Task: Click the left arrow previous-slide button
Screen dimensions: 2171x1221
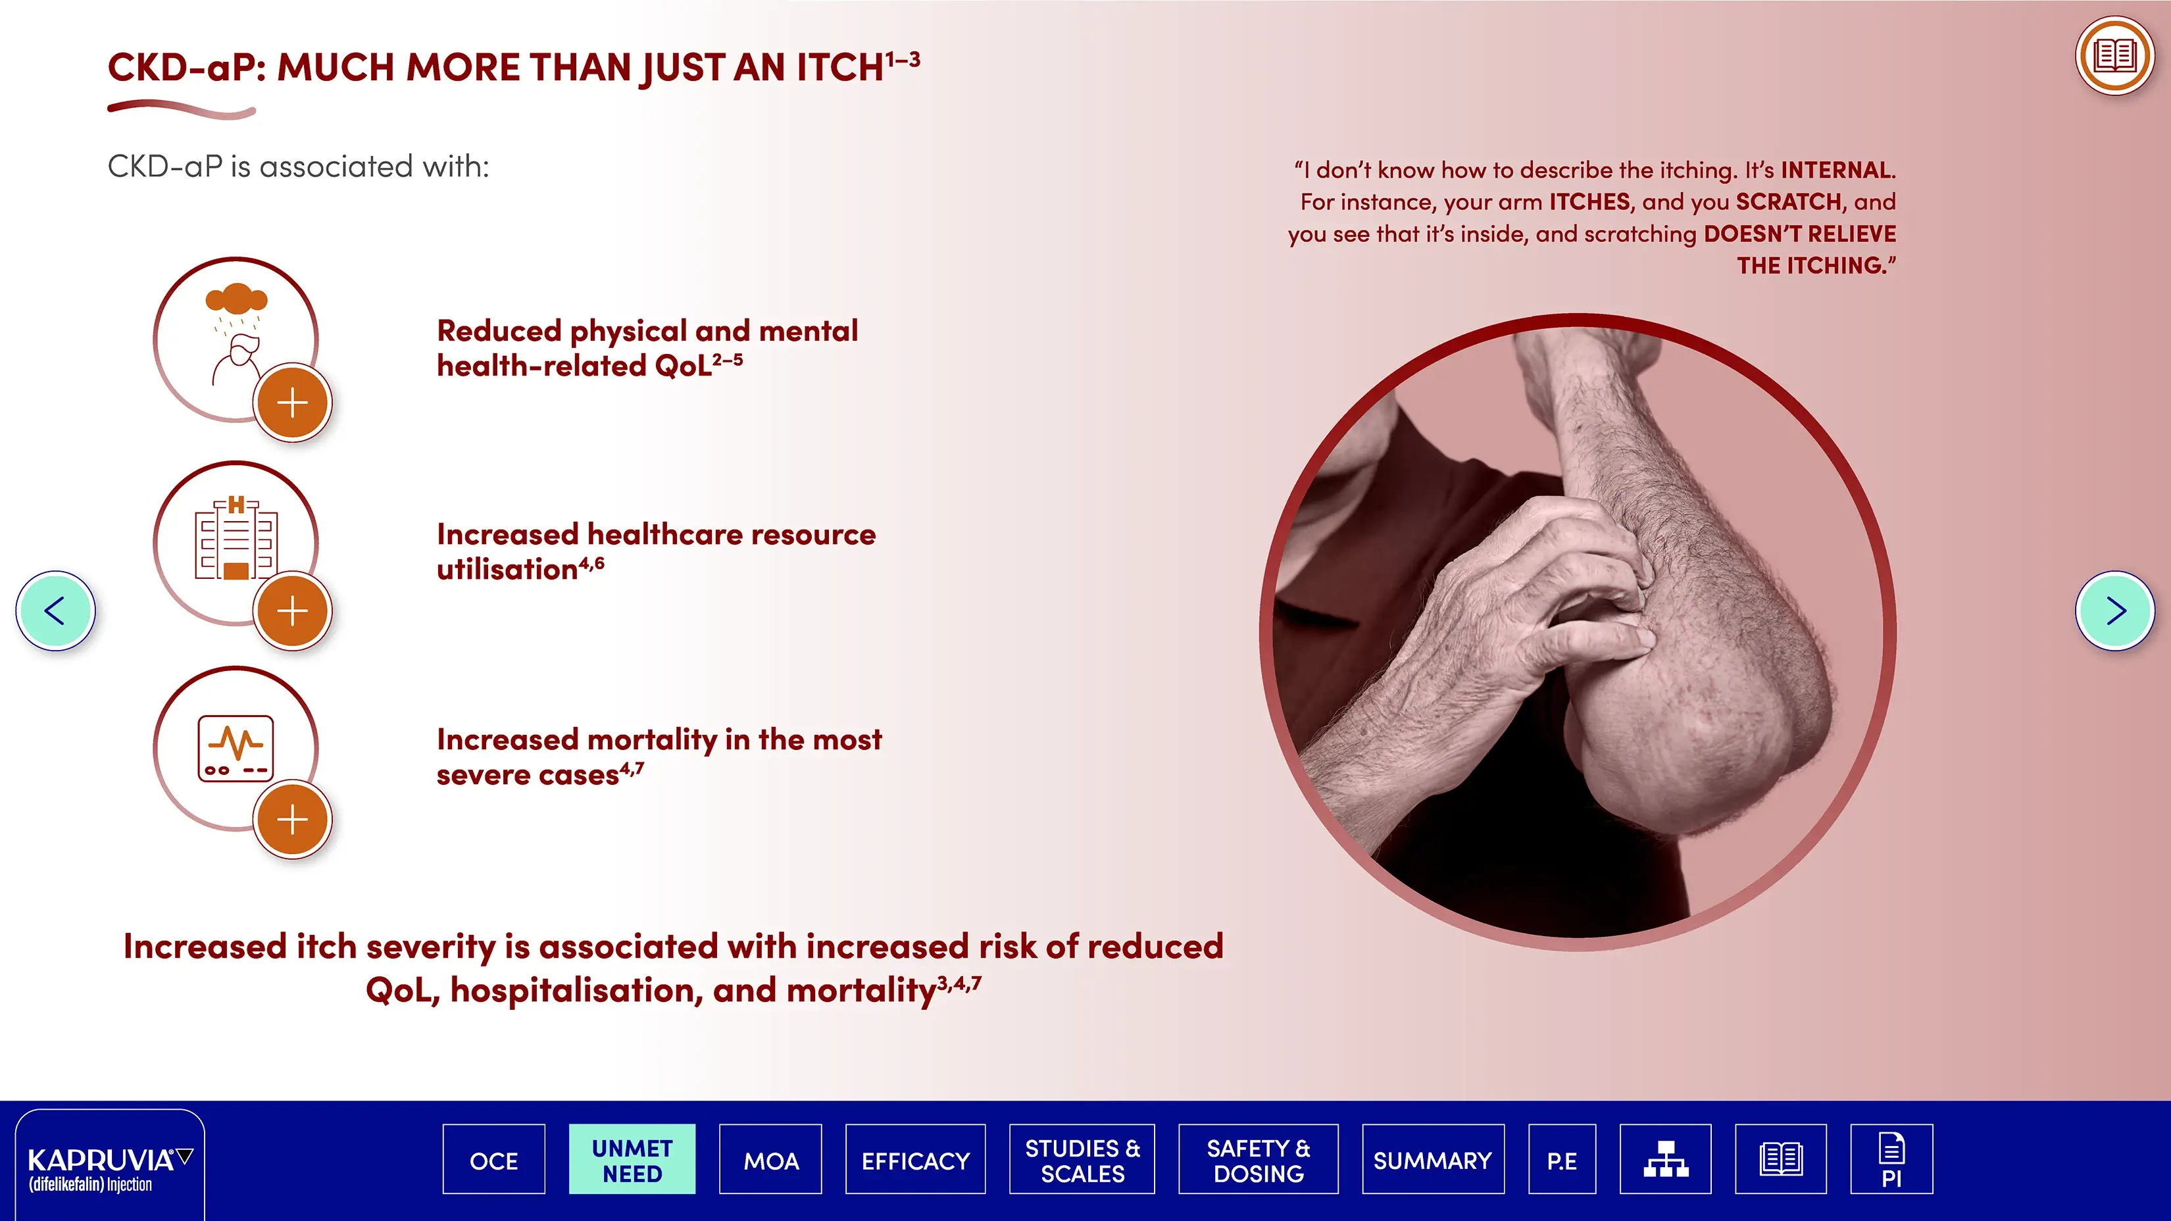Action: click(x=56, y=611)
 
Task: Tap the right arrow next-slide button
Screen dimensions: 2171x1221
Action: click(x=2114, y=611)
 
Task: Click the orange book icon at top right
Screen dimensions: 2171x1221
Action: click(x=2114, y=56)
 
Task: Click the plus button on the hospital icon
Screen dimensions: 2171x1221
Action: click(x=293, y=611)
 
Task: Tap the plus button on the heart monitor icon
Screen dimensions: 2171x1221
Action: click(x=293, y=819)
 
